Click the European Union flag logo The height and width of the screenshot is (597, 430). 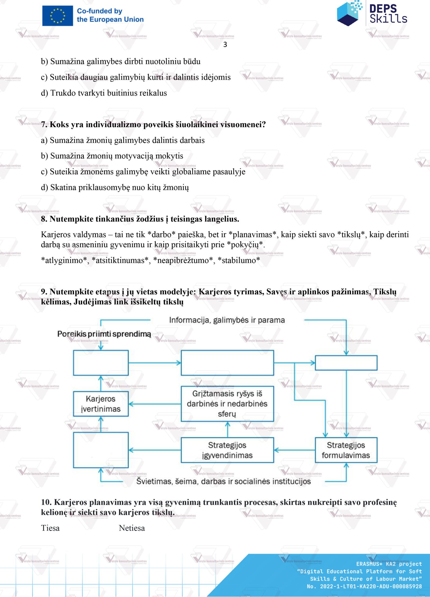click(58, 16)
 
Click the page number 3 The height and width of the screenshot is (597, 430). click(225, 45)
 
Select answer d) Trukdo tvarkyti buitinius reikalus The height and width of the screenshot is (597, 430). click(104, 93)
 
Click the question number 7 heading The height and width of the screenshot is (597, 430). click(153, 125)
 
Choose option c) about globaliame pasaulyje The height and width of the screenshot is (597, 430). click(143, 172)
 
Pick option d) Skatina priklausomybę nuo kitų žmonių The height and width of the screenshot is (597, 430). click(115, 188)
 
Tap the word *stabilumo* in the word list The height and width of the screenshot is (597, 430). click(239, 260)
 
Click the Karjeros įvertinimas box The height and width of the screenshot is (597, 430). click(101, 404)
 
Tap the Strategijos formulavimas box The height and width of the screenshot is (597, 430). click(346, 450)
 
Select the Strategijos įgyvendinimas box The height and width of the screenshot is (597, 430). click(227, 450)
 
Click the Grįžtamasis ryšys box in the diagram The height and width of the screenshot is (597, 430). click(227, 404)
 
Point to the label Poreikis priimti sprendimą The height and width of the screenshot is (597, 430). click(104, 334)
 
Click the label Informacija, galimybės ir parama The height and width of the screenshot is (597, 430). click(227, 320)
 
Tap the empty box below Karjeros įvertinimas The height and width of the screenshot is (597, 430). click(101, 450)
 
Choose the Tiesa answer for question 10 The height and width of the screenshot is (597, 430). click(50, 528)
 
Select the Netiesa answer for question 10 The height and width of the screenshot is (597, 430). click(132, 528)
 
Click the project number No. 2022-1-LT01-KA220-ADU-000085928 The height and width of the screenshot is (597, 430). click(364, 586)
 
